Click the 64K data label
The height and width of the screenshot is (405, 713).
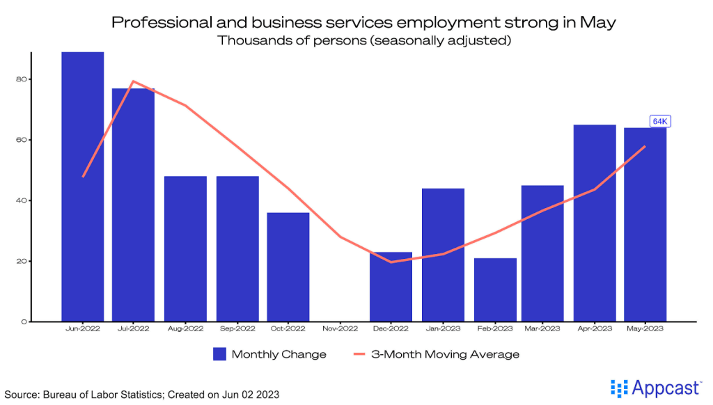point(659,121)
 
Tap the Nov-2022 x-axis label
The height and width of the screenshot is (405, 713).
point(339,328)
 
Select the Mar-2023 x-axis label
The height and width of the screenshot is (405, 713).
point(544,328)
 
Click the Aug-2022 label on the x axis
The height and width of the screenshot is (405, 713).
point(185,328)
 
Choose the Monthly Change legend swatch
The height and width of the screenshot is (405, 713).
point(220,354)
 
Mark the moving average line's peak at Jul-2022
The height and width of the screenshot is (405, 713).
point(133,81)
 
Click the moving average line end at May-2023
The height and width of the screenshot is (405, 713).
point(645,146)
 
